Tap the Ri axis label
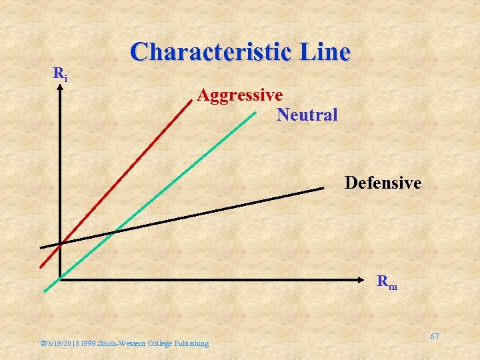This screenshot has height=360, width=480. tap(60, 74)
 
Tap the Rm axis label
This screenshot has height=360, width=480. tap(387, 282)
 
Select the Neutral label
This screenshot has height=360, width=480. tap(307, 115)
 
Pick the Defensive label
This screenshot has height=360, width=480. tap(383, 182)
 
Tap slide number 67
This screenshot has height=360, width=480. tap(434, 337)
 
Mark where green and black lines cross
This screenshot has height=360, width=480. tap(114, 231)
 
